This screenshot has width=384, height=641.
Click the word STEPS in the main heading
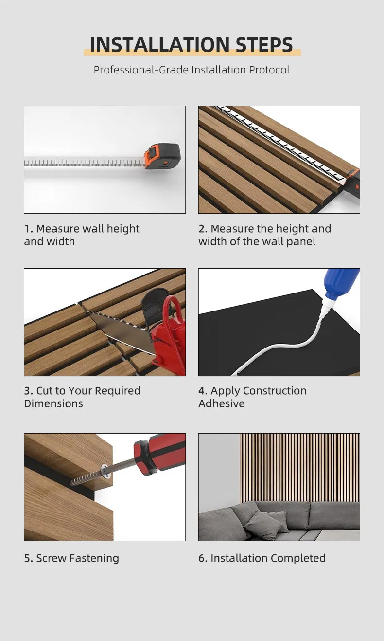(x=264, y=45)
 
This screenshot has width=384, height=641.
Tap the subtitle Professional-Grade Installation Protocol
(x=192, y=70)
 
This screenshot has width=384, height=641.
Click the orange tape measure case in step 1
(x=162, y=156)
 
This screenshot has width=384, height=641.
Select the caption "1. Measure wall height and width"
(x=82, y=235)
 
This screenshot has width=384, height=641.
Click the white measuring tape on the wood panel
(x=282, y=143)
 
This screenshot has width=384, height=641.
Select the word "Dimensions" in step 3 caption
(x=53, y=403)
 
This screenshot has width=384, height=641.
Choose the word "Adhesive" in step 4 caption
(x=221, y=403)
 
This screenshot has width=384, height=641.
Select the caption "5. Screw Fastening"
(x=71, y=558)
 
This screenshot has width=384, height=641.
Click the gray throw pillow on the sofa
(x=262, y=523)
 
